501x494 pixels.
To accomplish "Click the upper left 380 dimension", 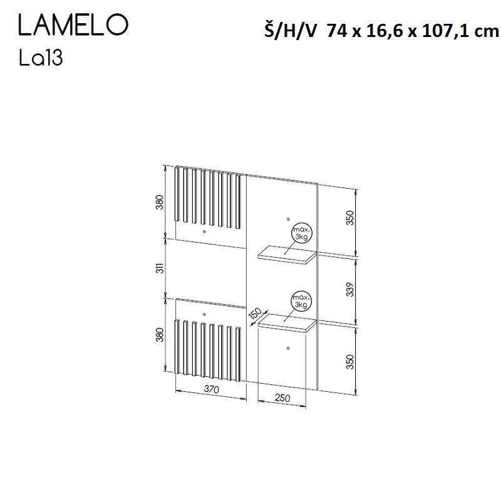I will coord(160,203).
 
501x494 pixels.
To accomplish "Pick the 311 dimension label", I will coord(160,268).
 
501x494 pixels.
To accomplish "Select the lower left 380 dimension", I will coord(160,335).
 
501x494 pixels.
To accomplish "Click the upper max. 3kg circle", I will coord(301,234).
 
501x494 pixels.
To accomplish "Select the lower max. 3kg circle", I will coord(301,302).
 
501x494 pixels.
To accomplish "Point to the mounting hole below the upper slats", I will coord(205,232).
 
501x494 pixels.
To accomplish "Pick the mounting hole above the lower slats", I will coord(205,312).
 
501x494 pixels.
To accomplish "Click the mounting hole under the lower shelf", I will coord(287,347).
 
